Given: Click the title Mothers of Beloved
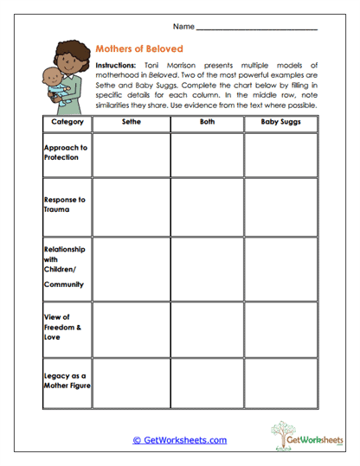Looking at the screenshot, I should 139,49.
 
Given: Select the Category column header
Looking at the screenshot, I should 67,124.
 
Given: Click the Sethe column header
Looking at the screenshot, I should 131,124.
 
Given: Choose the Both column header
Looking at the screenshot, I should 206,124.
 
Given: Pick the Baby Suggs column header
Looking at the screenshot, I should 280,124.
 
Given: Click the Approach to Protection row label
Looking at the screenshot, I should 66,152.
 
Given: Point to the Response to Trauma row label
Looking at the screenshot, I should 65,204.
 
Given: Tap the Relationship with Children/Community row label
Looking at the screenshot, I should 65,266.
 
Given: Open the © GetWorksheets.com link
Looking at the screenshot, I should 179,440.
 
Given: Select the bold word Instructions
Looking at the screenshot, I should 116,66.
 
